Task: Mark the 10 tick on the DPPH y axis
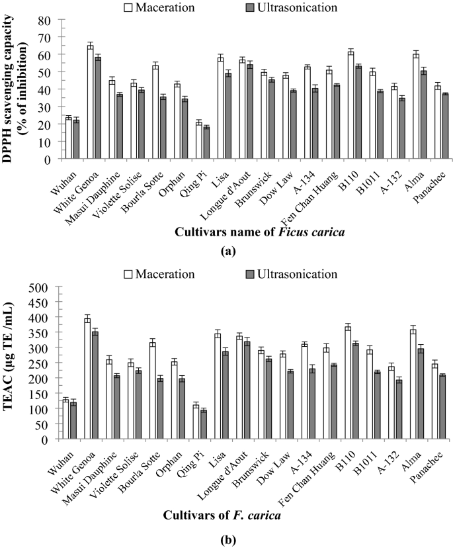47,142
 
